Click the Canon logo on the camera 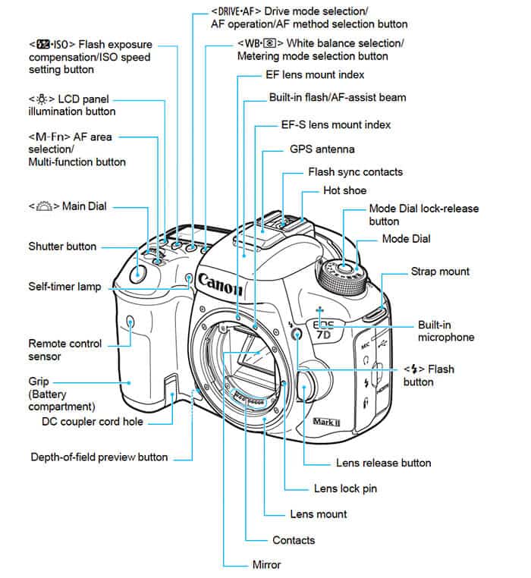[x=221, y=284]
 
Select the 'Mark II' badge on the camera [x=328, y=419]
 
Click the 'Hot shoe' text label [x=344, y=190]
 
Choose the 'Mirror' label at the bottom [x=266, y=564]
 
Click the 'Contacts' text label [x=293, y=540]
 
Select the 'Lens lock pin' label [x=346, y=488]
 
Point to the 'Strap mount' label [x=440, y=272]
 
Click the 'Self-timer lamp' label [x=64, y=287]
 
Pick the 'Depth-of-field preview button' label [x=99, y=457]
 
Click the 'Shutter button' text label [x=62, y=246]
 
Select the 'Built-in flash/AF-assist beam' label [x=337, y=98]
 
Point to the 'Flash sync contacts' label [x=355, y=172]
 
